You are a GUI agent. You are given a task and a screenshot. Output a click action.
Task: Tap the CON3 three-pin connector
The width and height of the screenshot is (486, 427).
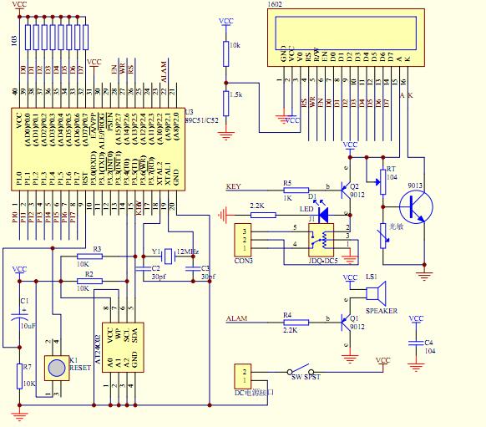(244, 237)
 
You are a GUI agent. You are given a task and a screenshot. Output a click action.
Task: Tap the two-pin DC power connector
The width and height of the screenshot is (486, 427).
(243, 375)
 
